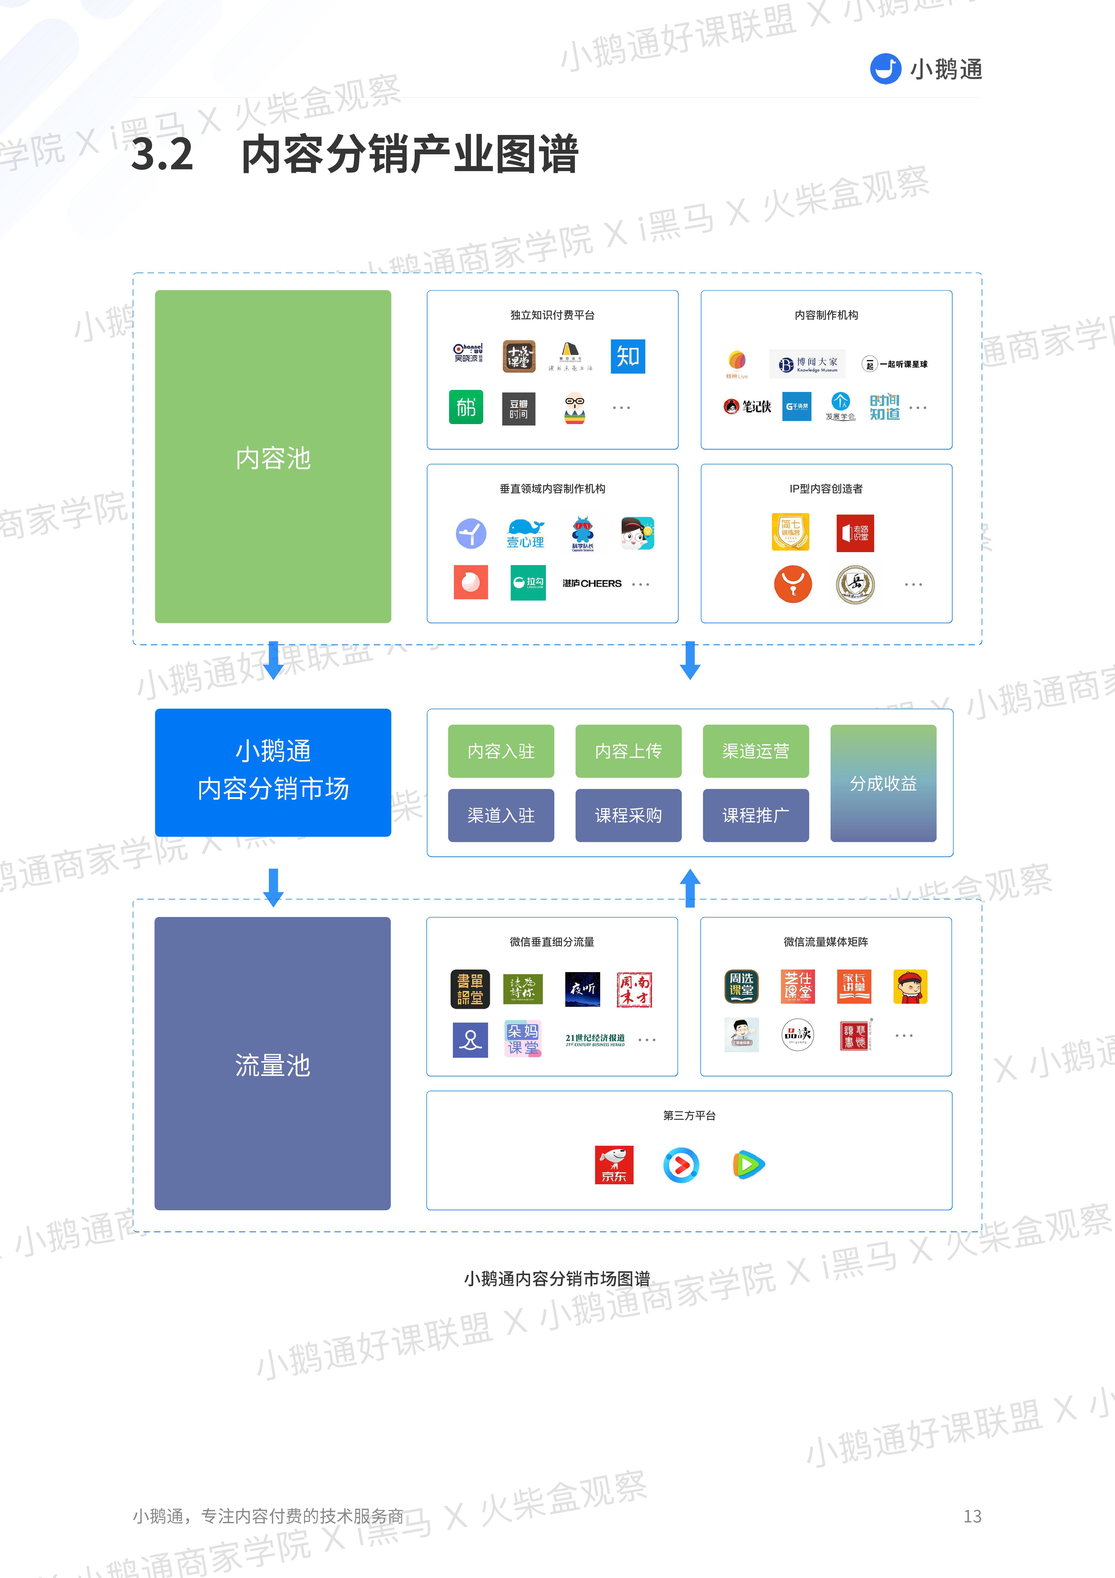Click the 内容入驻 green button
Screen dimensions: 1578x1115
point(501,751)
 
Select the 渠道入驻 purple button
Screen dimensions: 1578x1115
point(501,815)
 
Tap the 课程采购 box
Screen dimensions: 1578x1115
point(628,815)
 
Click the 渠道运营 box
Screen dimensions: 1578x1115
point(756,751)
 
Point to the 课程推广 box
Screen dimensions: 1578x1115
point(756,815)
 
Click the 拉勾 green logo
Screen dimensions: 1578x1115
point(528,583)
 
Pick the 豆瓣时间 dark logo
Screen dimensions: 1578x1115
point(519,409)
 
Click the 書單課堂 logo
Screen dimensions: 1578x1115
point(470,989)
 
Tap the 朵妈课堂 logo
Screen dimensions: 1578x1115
point(523,1039)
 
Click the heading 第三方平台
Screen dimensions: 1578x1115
point(689,1115)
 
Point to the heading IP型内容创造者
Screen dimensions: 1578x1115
point(826,489)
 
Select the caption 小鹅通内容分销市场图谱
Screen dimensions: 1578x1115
point(557,1278)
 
